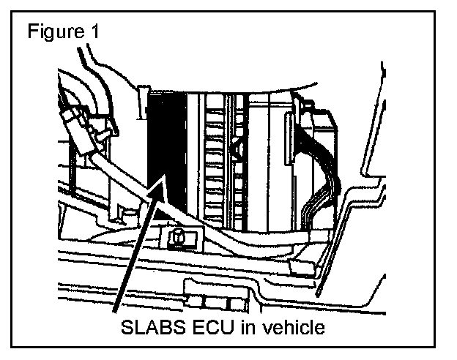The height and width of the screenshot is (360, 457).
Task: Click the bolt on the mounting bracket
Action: pyautogui.click(x=176, y=237)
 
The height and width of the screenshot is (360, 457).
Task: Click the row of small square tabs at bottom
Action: pyautogui.click(x=215, y=302)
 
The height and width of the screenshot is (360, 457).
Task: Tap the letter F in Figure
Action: pyautogui.click(x=30, y=33)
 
